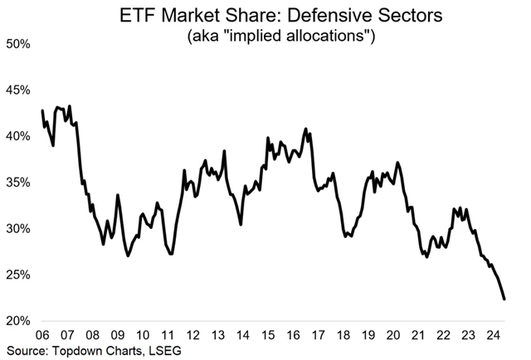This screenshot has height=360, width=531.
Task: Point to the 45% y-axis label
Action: pyautogui.click(x=18, y=90)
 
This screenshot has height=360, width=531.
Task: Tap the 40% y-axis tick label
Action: pyautogui.click(x=18, y=136)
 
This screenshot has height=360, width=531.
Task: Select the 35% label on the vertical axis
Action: pyautogui.click(x=18, y=182)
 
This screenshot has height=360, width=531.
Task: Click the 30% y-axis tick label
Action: pyautogui.click(x=18, y=229)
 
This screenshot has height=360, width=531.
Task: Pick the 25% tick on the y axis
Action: pyautogui.click(x=18, y=275)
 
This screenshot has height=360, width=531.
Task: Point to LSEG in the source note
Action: pyautogui.click(x=161, y=351)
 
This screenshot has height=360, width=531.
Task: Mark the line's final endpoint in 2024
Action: pyautogui.click(x=504, y=299)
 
